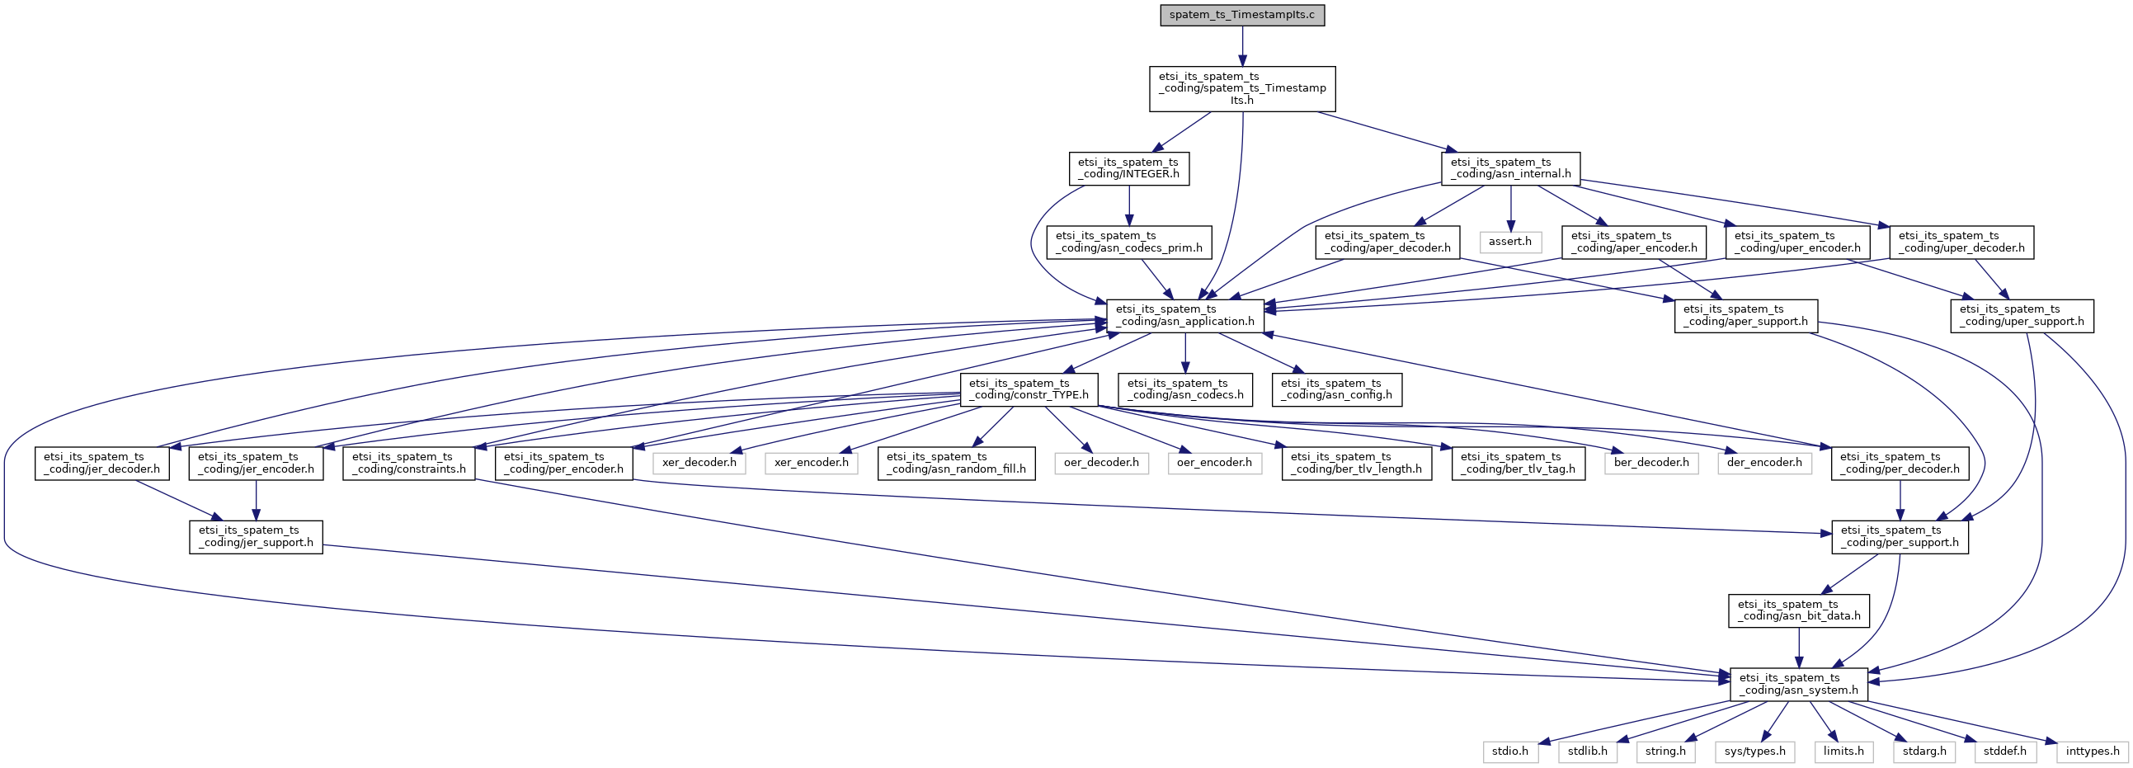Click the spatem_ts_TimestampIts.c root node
click(x=1242, y=16)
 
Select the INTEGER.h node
click(x=1128, y=168)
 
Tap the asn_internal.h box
click(x=1510, y=168)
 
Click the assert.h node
click(x=1510, y=242)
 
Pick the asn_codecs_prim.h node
click(x=1128, y=242)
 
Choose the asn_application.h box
click(x=1185, y=316)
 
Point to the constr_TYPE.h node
click(x=1029, y=389)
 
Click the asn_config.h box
click(x=1337, y=389)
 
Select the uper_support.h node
click(x=2021, y=316)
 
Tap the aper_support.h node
click(x=1745, y=316)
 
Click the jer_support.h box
click(x=256, y=537)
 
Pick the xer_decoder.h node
click(x=699, y=462)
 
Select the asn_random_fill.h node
click(x=956, y=463)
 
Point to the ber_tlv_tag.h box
click(x=1519, y=463)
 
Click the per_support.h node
click(x=1900, y=537)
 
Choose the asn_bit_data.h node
click(x=1798, y=610)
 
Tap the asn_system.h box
click(x=1798, y=685)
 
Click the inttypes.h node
click(x=2092, y=752)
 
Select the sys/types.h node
click(x=1754, y=752)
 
